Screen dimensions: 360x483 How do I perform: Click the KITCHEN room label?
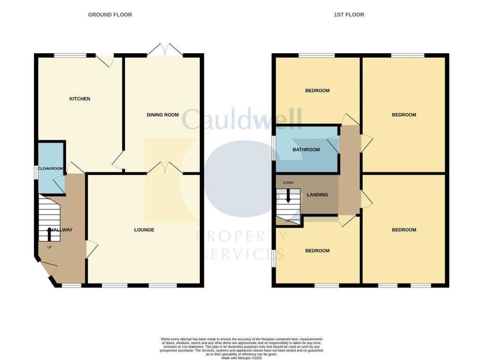80,99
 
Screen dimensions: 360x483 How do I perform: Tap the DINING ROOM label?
163,115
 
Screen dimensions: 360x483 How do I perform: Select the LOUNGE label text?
144,230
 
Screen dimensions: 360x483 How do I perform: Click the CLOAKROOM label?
51,168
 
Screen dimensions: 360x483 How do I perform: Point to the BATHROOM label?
306,150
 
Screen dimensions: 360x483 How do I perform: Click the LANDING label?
317,194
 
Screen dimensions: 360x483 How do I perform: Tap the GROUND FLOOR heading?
110,15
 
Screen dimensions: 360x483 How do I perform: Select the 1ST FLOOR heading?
349,15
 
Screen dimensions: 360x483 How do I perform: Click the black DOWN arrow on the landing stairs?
288,196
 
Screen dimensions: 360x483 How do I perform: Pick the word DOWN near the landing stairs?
288,183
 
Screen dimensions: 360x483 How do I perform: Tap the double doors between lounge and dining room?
165,168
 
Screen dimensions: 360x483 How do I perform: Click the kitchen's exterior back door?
105,60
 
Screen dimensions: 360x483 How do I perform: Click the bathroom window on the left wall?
274,149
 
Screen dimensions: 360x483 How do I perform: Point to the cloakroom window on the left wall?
36,172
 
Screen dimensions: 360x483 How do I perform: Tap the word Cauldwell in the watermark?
241,119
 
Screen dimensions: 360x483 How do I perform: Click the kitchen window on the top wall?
70,55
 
